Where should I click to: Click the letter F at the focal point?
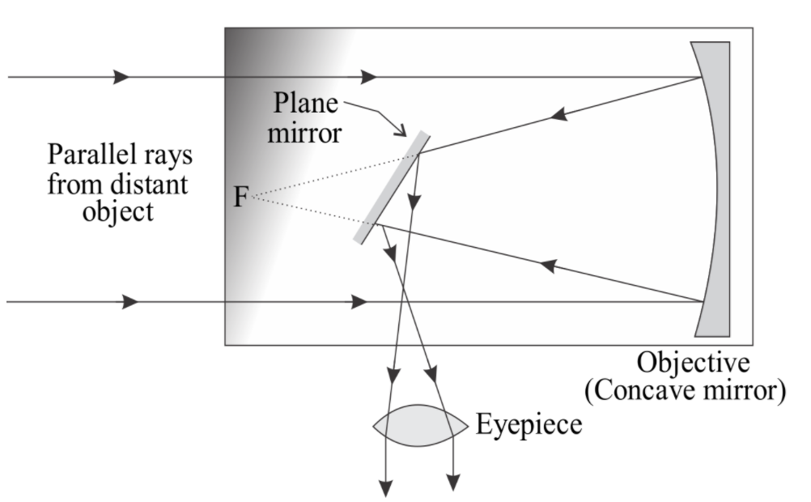click(x=240, y=197)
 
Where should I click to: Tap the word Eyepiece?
click(x=528, y=424)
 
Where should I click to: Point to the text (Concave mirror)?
click(x=685, y=391)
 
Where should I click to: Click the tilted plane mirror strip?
click(x=392, y=188)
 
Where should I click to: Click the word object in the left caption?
click(x=117, y=213)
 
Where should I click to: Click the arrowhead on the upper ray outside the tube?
click(x=121, y=77)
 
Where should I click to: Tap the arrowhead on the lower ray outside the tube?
click(x=130, y=302)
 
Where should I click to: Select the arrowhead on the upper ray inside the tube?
click(x=368, y=77)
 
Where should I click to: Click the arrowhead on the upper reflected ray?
click(x=558, y=115)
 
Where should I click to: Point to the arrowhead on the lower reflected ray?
click(x=548, y=265)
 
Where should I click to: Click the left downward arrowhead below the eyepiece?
click(x=393, y=376)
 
